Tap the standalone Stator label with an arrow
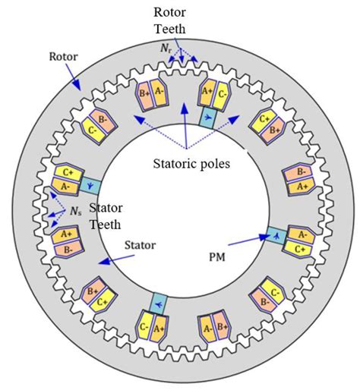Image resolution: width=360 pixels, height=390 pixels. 136,246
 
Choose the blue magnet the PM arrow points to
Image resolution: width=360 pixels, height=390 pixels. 275,235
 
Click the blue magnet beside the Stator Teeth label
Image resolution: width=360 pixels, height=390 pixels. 89,184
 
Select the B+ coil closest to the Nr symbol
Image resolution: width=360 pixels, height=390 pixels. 142,96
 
